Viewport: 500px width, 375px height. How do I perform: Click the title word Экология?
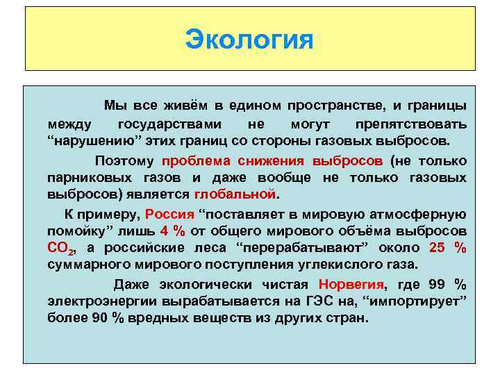249,39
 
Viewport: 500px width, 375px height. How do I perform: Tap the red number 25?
439,248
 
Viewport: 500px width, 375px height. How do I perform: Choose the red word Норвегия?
351,285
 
